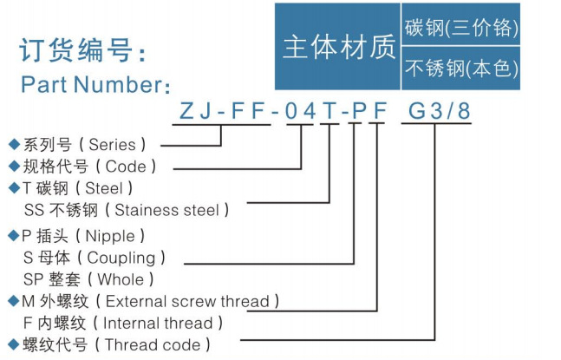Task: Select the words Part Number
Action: (x=92, y=85)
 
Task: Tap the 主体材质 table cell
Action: (x=337, y=47)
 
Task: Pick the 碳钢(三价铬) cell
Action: (x=460, y=24)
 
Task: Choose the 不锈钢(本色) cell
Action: (x=460, y=69)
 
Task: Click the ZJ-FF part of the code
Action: (x=222, y=110)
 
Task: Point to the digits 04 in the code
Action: (x=300, y=110)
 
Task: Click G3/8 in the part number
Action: (x=440, y=110)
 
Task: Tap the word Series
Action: (x=112, y=145)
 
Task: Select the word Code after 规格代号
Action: (x=126, y=167)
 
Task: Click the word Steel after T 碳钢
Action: (x=104, y=188)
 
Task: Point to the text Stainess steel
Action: (x=166, y=210)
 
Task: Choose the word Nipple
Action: (x=110, y=236)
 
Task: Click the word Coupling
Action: (x=121, y=259)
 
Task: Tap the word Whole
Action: (x=121, y=279)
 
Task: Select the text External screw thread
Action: (x=187, y=301)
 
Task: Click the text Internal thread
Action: (x=158, y=324)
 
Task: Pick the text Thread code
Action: (x=153, y=345)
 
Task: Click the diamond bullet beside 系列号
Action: (x=15, y=144)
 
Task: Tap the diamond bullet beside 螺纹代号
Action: (x=15, y=344)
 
